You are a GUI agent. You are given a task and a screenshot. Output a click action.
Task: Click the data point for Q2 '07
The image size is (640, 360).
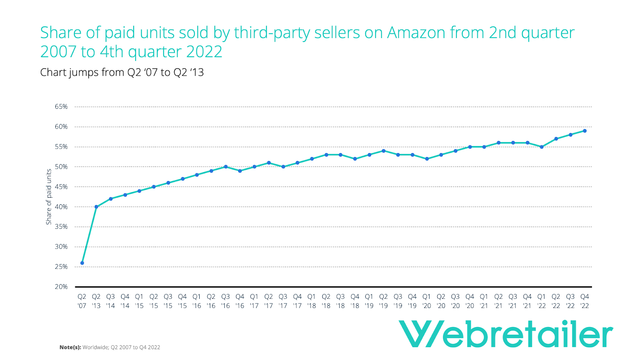[82, 263]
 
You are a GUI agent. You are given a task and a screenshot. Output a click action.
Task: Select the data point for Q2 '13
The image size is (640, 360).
[96, 207]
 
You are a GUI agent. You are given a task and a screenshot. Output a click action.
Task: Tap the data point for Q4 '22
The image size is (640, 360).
[584, 131]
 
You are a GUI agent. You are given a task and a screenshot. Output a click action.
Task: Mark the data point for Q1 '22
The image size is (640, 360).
[542, 147]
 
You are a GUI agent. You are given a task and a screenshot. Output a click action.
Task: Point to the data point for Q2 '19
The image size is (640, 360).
[384, 151]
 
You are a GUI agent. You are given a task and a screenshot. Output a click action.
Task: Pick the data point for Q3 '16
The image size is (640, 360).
[226, 167]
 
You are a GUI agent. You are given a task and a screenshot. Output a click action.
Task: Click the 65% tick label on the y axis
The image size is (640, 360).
[61, 107]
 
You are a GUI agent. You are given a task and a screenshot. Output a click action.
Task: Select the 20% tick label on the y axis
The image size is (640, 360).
[61, 287]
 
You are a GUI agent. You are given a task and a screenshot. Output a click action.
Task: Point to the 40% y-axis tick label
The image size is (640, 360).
[61, 207]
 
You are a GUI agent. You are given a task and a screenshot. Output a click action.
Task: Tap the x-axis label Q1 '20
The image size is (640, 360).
[426, 301]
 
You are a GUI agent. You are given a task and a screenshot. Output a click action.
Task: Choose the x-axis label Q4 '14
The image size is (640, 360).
[125, 301]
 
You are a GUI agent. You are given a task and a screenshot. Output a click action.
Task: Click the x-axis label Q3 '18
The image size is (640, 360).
[340, 301]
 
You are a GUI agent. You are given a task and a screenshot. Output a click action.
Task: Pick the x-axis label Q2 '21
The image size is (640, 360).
[498, 301]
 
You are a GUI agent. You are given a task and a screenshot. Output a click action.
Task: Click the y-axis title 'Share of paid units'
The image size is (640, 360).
[49, 197]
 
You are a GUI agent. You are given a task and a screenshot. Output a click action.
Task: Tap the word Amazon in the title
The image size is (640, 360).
[416, 33]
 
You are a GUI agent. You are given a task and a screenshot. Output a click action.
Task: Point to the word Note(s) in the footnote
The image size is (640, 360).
[70, 347]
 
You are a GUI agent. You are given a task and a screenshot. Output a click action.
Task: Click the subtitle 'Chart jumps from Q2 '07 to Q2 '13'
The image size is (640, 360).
[122, 72]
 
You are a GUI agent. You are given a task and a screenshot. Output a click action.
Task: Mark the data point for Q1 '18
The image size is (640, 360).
[312, 159]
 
